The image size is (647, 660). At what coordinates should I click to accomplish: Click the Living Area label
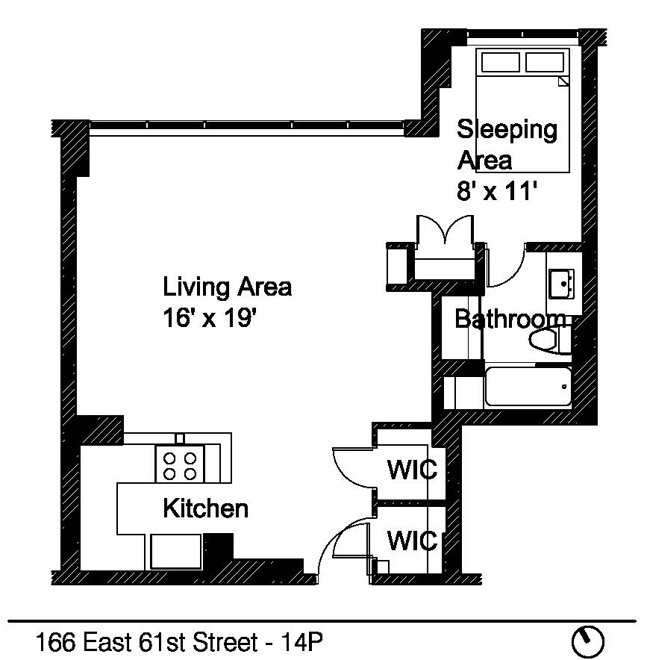[x=227, y=287]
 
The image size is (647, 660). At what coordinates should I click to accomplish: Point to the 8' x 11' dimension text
[x=497, y=192]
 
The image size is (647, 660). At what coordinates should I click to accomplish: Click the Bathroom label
[x=510, y=320]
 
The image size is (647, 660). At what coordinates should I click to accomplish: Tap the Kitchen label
[x=205, y=509]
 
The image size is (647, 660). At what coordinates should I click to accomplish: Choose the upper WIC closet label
[x=411, y=471]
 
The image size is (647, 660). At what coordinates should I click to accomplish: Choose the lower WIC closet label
[x=411, y=540]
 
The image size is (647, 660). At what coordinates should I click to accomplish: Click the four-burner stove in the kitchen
[x=180, y=466]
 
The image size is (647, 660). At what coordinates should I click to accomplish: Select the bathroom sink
[x=561, y=284]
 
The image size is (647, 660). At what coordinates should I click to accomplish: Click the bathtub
[x=527, y=387]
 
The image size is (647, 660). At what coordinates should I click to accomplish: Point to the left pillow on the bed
[x=500, y=61]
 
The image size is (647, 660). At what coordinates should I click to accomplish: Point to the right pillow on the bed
[x=546, y=61]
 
